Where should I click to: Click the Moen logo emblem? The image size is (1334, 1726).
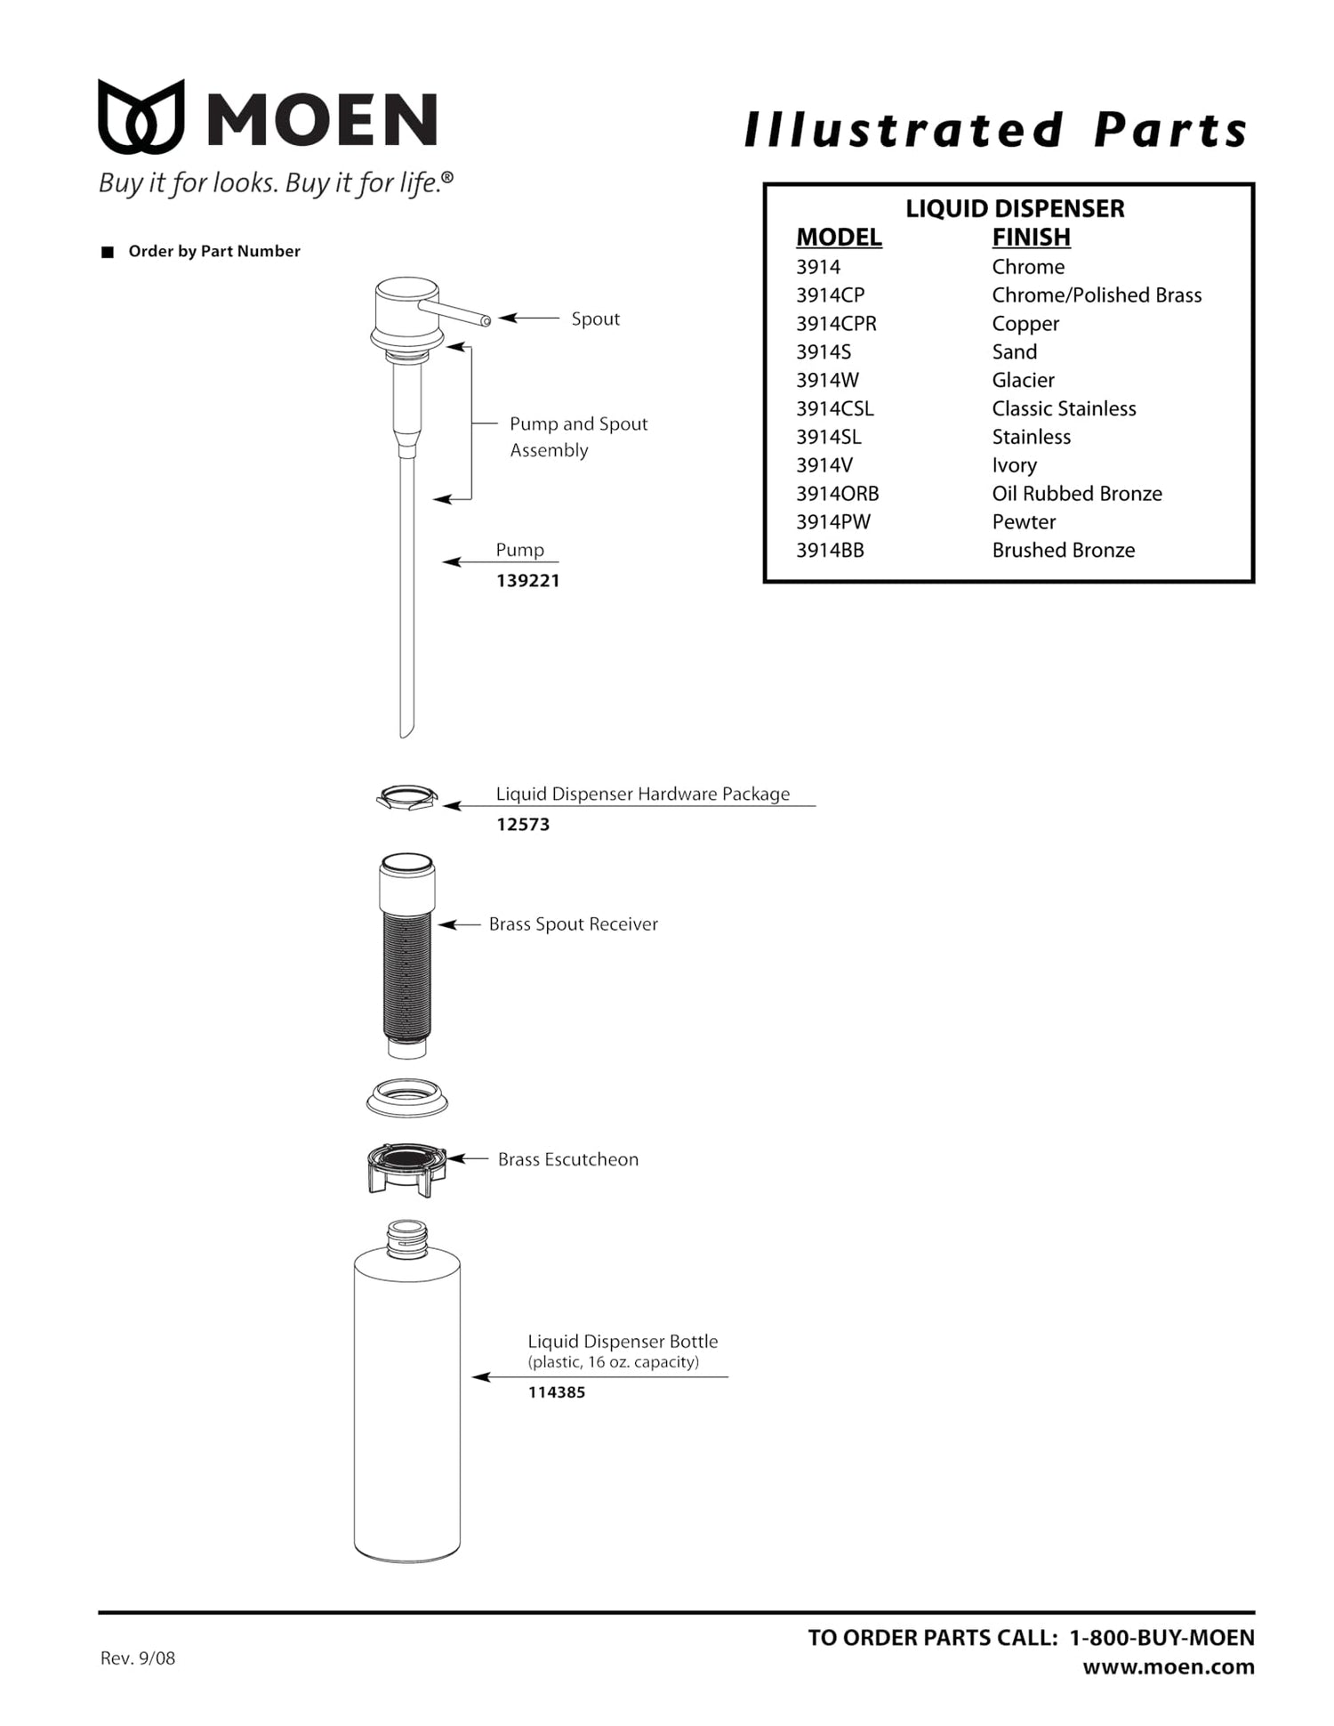click(x=141, y=117)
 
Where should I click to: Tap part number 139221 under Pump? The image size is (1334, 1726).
click(x=528, y=581)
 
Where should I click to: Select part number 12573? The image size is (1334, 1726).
click(x=523, y=825)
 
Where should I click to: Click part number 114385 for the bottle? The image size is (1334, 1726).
click(x=557, y=1392)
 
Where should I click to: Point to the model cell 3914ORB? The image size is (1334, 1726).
click(x=838, y=494)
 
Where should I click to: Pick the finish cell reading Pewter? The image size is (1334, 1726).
click(x=1024, y=522)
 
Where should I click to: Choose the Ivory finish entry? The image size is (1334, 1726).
click(x=1015, y=465)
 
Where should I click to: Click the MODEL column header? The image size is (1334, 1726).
click(x=839, y=238)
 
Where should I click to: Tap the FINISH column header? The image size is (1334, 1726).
click(x=1032, y=238)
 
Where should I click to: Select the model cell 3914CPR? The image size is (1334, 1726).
click(x=836, y=324)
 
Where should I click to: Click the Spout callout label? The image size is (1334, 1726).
click(x=596, y=319)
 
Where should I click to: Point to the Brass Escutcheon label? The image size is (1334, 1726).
click(x=568, y=1159)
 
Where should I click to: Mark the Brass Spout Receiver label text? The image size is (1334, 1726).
click(x=574, y=924)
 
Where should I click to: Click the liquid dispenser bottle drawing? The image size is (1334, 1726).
click(x=407, y=1391)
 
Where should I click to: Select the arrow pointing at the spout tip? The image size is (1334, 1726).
click(x=529, y=318)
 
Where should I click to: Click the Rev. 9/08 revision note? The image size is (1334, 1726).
click(x=138, y=1658)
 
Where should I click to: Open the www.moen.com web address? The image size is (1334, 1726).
click(x=1169, y=1667)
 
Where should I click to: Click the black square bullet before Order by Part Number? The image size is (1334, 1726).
click(x=108, y=252)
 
